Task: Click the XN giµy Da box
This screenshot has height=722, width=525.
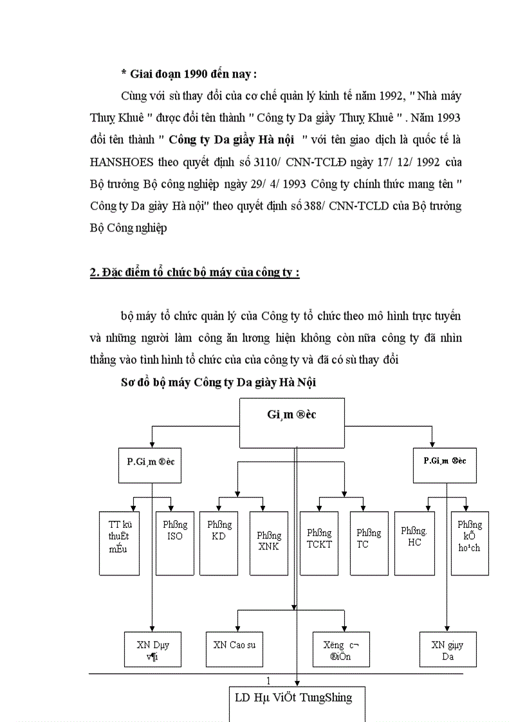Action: (448, 649)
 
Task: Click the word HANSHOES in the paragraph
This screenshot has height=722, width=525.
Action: (121, 163)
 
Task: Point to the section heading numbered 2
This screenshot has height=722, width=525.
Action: (194, 272)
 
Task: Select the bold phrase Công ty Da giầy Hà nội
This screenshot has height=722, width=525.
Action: (235, 140)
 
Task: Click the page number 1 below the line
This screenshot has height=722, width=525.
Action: (268, 681)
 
